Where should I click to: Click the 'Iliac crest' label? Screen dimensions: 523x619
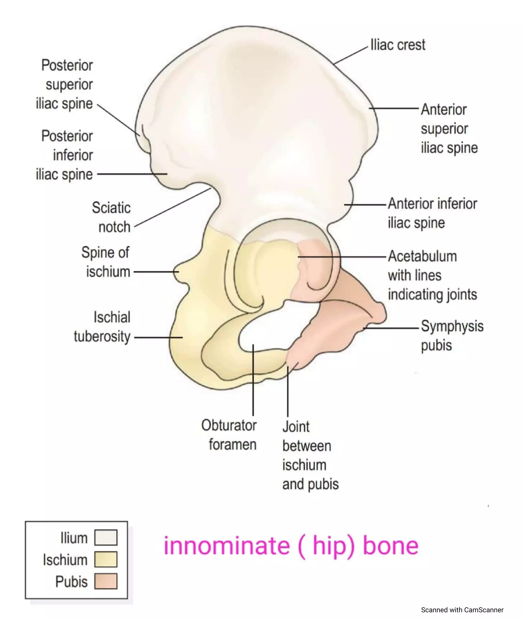pos(398,45)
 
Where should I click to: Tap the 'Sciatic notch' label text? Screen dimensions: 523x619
pos(111,217)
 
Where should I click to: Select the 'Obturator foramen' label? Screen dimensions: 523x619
pos(229,435)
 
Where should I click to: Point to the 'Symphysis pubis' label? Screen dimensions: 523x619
pos(452,336)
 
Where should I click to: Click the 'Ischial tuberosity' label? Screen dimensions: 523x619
pos(102,327)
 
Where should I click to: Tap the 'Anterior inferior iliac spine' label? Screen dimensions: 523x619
pos(432,213)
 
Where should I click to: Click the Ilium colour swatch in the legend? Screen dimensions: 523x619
pos(106,537)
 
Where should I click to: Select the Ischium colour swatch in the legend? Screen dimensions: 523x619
pos(106,559)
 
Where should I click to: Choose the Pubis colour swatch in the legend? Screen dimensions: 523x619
pos(106,581)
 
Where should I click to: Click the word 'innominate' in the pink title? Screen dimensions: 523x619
pos(227,546)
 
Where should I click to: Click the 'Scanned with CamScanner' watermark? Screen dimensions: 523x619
pos(462,610)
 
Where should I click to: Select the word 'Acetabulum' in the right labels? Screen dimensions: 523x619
pos(422,256)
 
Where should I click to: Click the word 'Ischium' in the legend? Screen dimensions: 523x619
pos(65,560)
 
